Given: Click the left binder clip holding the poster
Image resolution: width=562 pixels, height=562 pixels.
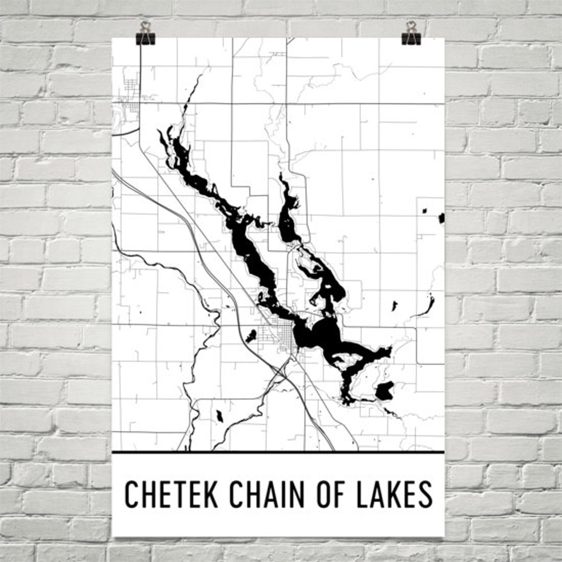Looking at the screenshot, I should [145, 34].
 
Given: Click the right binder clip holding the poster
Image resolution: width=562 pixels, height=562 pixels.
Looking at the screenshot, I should [411, 34].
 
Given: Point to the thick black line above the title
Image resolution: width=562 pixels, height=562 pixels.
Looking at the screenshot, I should [278, 452].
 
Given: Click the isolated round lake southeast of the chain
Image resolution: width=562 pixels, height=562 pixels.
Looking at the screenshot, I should [384, 390].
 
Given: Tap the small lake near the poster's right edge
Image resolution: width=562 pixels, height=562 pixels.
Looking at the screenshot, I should [441, 217].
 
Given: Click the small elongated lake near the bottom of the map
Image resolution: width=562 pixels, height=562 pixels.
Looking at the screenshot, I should [219, 416].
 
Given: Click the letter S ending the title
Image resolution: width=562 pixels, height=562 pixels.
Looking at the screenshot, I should [425, 494].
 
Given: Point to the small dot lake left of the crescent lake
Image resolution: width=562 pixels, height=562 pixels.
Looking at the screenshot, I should [394, 306].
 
